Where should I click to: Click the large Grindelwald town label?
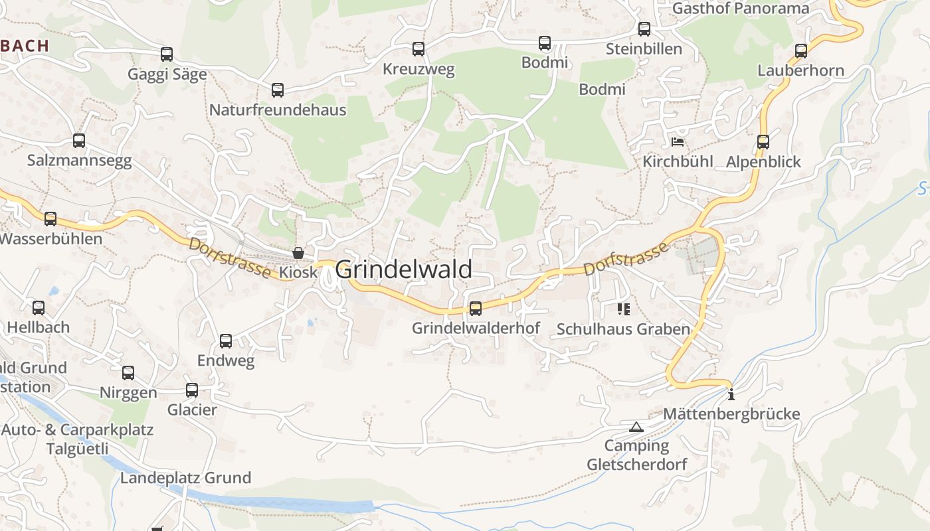point(403,269)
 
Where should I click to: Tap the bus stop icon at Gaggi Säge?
point(167,54)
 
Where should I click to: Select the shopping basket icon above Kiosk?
point(298,253)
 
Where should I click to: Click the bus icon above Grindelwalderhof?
point(476,308)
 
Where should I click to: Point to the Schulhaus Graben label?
point(623,329)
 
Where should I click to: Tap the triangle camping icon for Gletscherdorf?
point(636,427)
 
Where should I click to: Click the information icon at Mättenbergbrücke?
point(731,394)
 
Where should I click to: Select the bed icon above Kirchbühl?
point(678,142)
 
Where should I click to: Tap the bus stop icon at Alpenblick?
point(763,142)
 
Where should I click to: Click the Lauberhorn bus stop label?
point(800,70)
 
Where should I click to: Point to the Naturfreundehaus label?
point(278,110)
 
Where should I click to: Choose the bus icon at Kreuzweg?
point(418,49)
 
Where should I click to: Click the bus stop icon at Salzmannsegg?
point(79,141)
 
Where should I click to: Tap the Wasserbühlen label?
point(51,239)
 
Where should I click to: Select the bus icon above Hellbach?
point(39,308)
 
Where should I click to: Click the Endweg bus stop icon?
point(226,341)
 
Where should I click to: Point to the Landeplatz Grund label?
point(185,478)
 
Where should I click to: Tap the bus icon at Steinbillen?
point(644,29)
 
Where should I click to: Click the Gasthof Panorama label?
point(741,9)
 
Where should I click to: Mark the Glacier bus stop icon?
point(192,390)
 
